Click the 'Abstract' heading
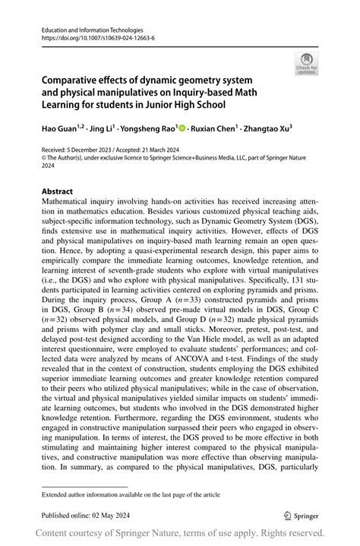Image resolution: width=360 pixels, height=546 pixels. [x=57, y=192]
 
